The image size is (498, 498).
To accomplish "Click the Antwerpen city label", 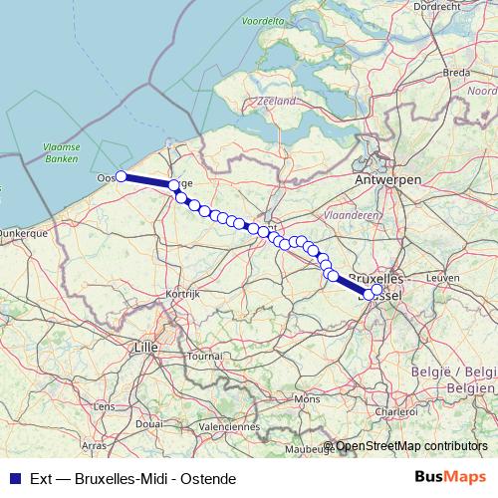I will (x=388, y=178).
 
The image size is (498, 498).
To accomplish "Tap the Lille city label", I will (x=146, y=347).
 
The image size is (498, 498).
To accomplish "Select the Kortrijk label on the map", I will (x=184, y=294).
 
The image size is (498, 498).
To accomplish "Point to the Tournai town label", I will (x=205, y=355).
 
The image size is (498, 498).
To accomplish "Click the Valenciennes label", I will (x=229, y=425).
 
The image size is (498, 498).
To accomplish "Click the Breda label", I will (x=456, y=73).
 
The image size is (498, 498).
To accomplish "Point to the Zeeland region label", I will (x=277, y=101).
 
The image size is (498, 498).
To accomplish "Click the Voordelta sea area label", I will (x=262, y=19).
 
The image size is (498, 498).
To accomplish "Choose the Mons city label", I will (x=306, y=399).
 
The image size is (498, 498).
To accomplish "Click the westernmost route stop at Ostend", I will (x=121, y=176).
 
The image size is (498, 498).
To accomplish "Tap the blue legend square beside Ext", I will (x=13, y=479).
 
